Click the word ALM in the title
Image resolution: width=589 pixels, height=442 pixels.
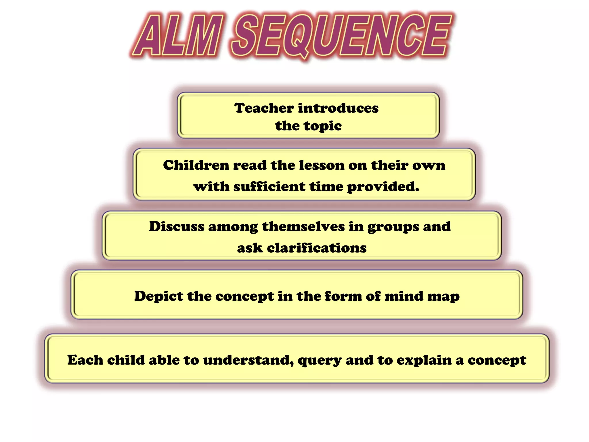178,36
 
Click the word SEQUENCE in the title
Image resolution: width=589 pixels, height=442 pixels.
341,36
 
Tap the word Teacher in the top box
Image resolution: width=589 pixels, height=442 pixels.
264,108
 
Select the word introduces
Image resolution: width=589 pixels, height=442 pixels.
338,108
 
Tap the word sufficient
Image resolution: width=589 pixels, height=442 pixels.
269,186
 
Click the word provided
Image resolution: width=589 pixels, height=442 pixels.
383,186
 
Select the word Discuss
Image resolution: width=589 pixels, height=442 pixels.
176,226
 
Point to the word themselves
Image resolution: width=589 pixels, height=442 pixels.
303,226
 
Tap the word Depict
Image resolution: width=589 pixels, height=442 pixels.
158,296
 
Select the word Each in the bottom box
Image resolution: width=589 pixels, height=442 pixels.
85,360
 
